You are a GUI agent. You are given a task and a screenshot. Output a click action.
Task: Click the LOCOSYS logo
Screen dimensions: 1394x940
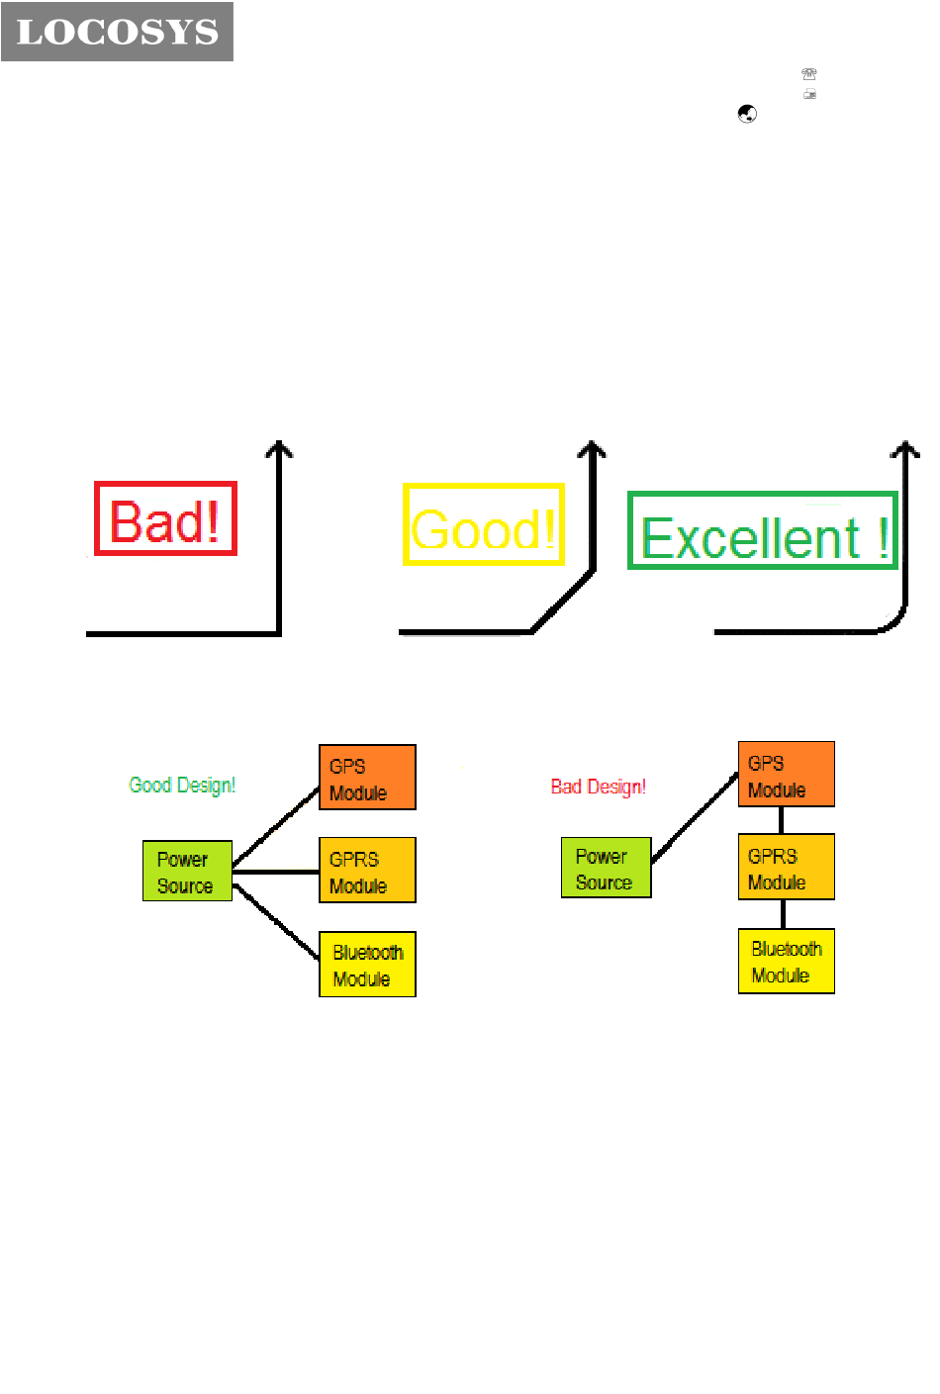[x=117, y=32]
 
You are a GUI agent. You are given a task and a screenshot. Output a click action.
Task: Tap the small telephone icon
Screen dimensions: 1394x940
[x=809, y=74]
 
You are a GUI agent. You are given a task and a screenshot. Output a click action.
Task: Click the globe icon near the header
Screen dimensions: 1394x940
[x=747, y=114]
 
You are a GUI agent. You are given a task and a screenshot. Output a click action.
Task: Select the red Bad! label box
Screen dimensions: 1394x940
[x=165, y=518]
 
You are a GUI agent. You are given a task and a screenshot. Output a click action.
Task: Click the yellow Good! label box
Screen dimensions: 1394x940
[x=484, y=525]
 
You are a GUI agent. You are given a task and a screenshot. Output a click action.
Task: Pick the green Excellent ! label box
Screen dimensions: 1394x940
[x=763, y=531]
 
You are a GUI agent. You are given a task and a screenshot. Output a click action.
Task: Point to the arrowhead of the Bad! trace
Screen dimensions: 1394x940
[x=280, y=449]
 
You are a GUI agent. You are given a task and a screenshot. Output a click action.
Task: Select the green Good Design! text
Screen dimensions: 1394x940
[x=182, y=786]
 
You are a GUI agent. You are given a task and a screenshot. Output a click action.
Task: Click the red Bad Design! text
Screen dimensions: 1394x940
[x=598, y=788]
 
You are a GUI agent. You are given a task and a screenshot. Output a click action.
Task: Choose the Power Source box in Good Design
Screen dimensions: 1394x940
[x=187, y=871]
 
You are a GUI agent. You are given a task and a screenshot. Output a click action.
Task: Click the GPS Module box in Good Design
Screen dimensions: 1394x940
[x=367, y=778]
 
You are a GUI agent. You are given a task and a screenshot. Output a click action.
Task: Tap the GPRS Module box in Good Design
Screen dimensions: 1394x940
[x=367, y=871]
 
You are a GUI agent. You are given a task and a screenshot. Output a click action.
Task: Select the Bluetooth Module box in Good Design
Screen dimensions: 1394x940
[x=367, y=965]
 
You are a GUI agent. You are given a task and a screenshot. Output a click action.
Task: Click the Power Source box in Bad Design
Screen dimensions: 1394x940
[x=607, y=868]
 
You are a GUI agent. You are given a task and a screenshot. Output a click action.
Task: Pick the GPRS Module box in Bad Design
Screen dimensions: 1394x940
[x=786, y=868]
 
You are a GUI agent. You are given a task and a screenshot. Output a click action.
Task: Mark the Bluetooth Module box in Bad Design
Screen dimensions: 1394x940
[x=786, y=961]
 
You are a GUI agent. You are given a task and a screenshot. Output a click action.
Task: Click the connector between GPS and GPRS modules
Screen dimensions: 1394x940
[x=782, y=821]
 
